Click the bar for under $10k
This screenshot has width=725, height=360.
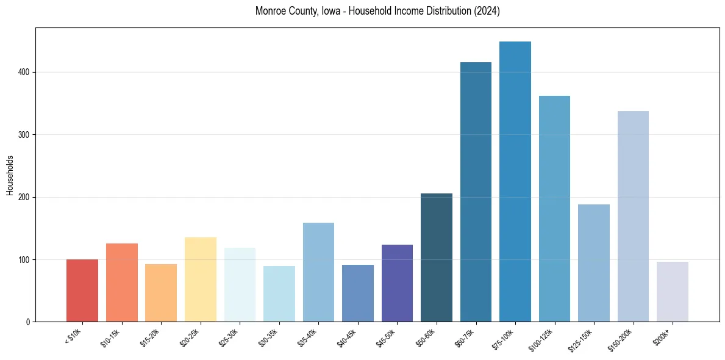82,290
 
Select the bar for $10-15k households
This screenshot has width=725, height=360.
122,283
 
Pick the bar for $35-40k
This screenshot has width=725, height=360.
318,272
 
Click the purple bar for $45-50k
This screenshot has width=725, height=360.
397,283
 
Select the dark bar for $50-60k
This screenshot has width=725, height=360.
437,257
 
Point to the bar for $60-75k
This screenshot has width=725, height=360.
476,192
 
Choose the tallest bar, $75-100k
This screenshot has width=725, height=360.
515,182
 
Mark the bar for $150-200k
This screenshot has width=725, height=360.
633,217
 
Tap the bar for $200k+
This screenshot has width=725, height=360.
673,292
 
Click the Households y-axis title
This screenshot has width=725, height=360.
10,175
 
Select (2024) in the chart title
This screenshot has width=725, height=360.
487,12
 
